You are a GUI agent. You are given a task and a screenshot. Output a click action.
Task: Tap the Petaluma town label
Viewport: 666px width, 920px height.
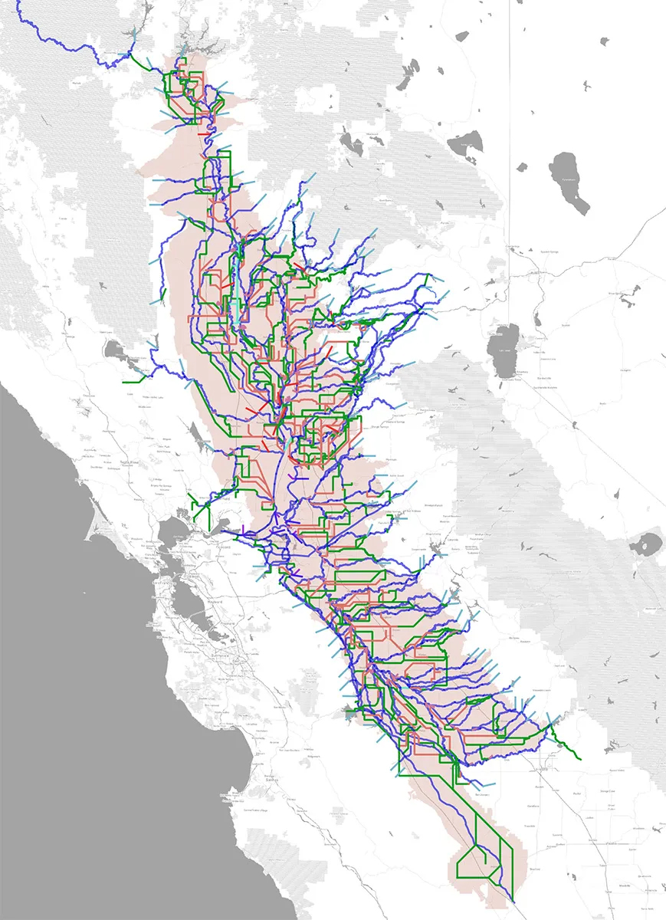click(x=138, y=498)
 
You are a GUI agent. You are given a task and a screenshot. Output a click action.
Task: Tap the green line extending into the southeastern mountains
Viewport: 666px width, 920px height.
click(x=567, y=747)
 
